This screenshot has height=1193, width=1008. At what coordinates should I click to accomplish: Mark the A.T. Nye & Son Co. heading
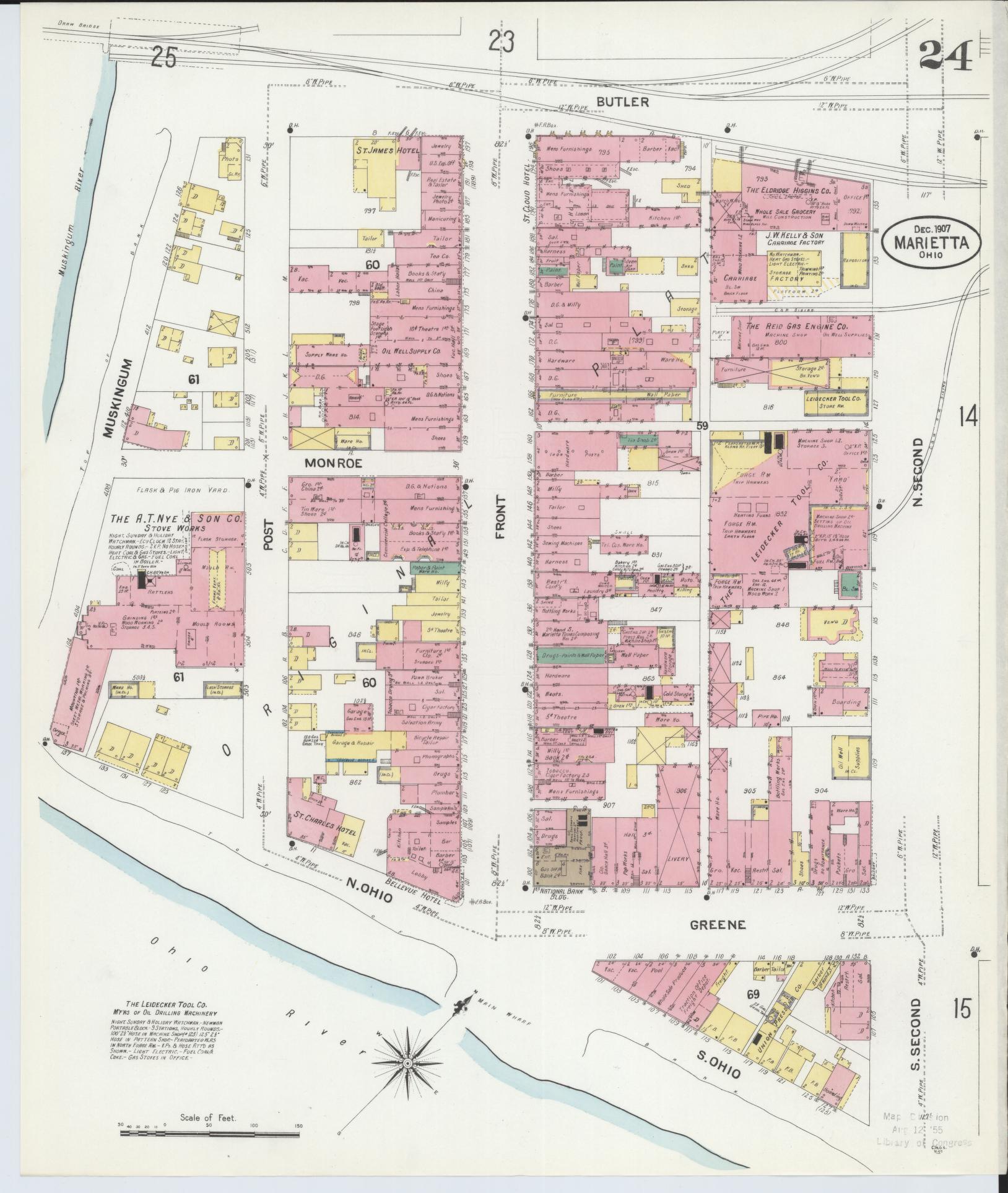coord(176,518)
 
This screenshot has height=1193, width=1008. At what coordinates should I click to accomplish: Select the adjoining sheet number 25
coord(163,58)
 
